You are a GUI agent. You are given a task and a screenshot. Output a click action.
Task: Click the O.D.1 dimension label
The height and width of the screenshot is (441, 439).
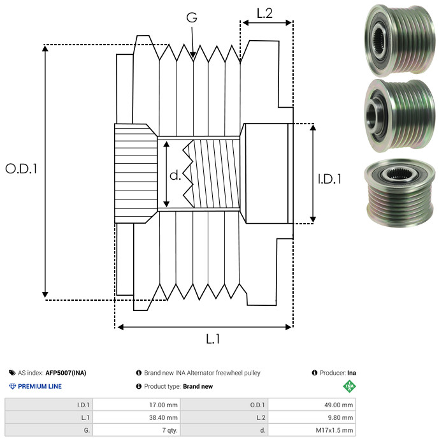22,169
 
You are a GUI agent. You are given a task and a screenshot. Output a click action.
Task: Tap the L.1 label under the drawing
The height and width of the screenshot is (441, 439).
213,340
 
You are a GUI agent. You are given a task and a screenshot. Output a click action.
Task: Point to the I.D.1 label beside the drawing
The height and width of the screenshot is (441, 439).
329,179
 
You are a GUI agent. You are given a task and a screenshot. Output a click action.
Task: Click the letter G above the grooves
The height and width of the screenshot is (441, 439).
191,18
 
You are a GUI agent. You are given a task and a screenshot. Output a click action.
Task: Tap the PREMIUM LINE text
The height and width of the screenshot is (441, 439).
40,386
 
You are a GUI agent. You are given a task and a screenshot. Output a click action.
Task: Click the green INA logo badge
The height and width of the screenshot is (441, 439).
349,386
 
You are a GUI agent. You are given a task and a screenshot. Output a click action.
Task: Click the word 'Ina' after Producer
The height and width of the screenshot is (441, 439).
352,373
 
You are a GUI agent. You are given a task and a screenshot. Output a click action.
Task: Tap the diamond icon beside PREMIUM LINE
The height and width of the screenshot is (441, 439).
12,386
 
